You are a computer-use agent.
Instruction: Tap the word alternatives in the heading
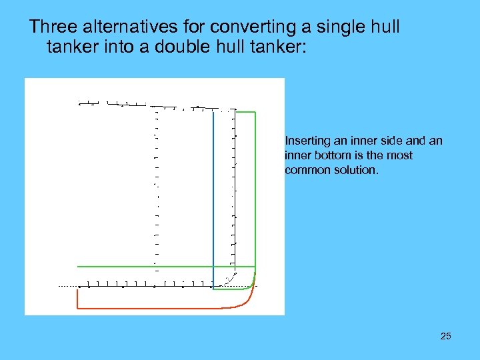click(123, 27)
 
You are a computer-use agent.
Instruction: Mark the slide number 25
click(445, 336)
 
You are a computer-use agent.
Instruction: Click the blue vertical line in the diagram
click(213, 200)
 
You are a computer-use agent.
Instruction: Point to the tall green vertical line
click(255, 193)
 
